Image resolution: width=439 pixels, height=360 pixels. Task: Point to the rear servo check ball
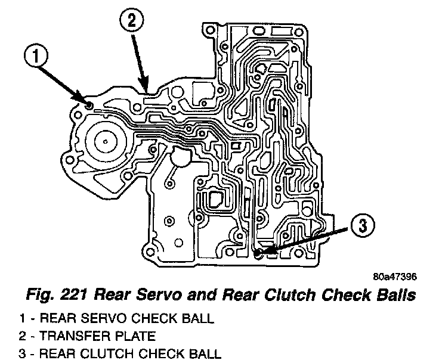(89, 105)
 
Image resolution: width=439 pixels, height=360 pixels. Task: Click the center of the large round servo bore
(105, 141)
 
